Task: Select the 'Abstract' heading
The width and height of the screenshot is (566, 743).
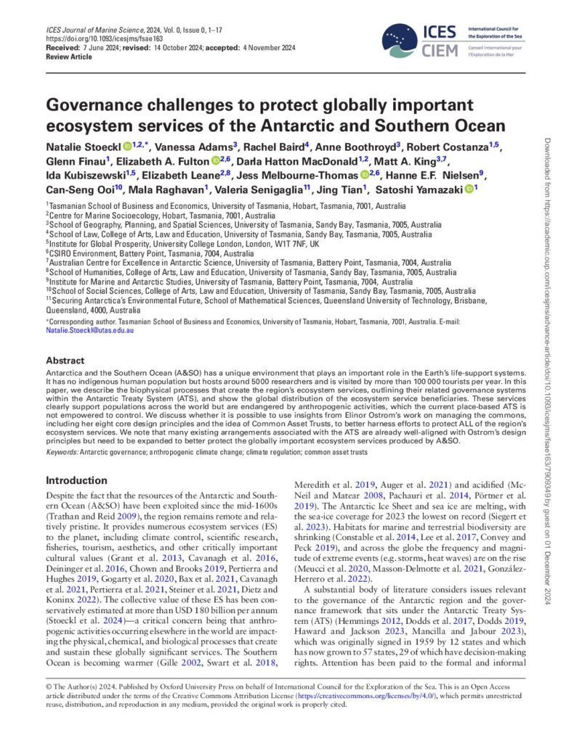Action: click(x=69, y=359)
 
